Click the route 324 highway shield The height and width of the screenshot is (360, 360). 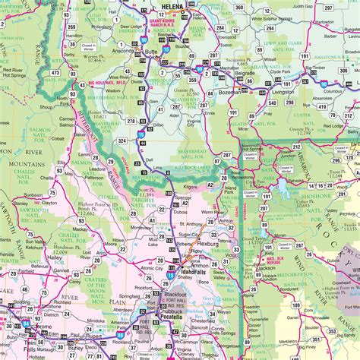click(122, 141)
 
